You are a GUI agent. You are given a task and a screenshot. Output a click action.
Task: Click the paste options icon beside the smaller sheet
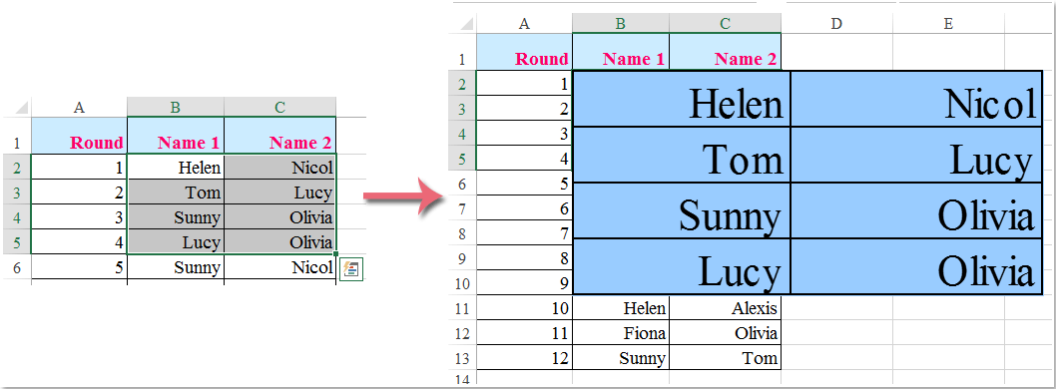(x=350, y=269)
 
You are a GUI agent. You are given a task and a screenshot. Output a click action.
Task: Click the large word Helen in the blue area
(x=735, y=104)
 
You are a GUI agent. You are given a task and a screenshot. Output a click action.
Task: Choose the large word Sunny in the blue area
(x=730, y=215)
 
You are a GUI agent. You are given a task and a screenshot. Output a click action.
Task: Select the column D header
(x=835, y=23)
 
